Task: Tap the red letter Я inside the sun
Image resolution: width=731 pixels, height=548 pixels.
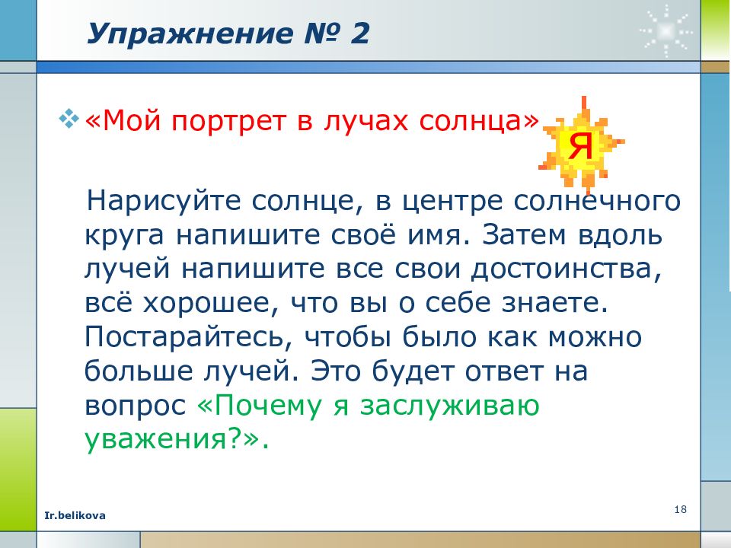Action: [581, 145]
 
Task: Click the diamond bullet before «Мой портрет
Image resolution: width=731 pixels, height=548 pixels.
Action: [69, 120]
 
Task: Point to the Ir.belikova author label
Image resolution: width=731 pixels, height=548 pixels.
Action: [75, 515]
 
